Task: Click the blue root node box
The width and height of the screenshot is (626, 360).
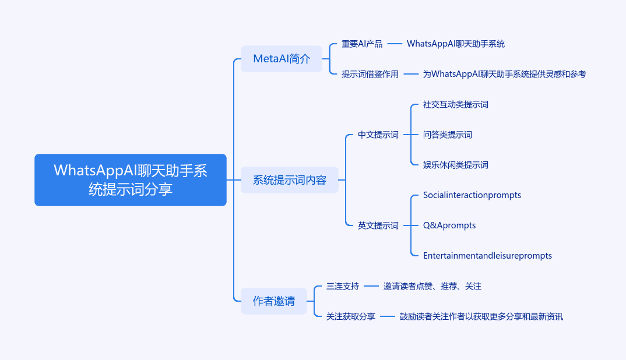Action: pos(131,180)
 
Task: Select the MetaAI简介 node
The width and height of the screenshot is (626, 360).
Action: pos(282,59)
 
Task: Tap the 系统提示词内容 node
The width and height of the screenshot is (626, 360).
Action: pos(290,180)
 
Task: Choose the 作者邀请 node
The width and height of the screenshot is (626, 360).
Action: pos(274,301)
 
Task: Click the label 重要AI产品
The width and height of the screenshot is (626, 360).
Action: pos(362,44)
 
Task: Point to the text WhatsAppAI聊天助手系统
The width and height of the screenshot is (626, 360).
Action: pos(456,44)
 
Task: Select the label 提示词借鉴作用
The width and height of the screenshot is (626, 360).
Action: pos(370,74)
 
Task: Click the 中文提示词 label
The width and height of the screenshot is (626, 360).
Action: pos(378,135)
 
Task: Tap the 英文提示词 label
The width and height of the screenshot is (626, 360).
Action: pos(378,225)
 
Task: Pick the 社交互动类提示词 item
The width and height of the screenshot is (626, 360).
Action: pos(456,105)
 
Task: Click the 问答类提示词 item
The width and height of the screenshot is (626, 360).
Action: pos(448,135)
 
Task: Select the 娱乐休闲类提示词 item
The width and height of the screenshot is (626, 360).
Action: pos(456,165)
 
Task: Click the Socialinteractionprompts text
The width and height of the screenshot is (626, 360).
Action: pos(472,195)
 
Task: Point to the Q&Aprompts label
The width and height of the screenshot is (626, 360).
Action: pos(449,225)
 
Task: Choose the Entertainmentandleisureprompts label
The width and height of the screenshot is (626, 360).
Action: pos(487,256)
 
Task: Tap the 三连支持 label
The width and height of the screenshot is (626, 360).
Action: pos(343,286)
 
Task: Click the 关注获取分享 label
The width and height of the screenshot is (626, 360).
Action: pos(350,316)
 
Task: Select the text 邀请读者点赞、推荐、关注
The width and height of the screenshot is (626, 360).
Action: pos(432,286)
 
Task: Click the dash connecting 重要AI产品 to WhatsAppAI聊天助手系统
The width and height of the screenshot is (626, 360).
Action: pos(395,44)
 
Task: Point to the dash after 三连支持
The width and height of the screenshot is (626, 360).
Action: pos(371,286)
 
